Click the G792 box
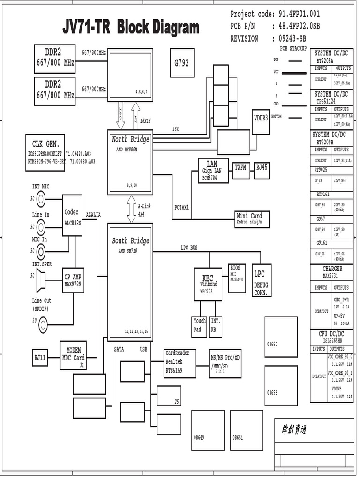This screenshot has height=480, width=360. click(181, 62)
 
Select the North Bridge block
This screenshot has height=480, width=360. click(130, 162)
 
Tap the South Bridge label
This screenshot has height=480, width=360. click(131, 241)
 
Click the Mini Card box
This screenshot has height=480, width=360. click(252, 219)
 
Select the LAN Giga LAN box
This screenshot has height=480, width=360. click(213, 170)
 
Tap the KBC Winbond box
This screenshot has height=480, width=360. click(208, 284)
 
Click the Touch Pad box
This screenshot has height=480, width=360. click(200, 327)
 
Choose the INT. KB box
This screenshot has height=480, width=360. click(216, 327)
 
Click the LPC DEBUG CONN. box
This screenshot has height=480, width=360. click(262, 280)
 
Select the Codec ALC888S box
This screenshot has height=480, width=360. click(72, 216)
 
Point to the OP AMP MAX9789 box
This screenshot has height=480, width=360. click(73, 280)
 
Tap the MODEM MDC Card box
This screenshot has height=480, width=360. click(74, 355)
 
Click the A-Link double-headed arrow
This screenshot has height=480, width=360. click(131, 209)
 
